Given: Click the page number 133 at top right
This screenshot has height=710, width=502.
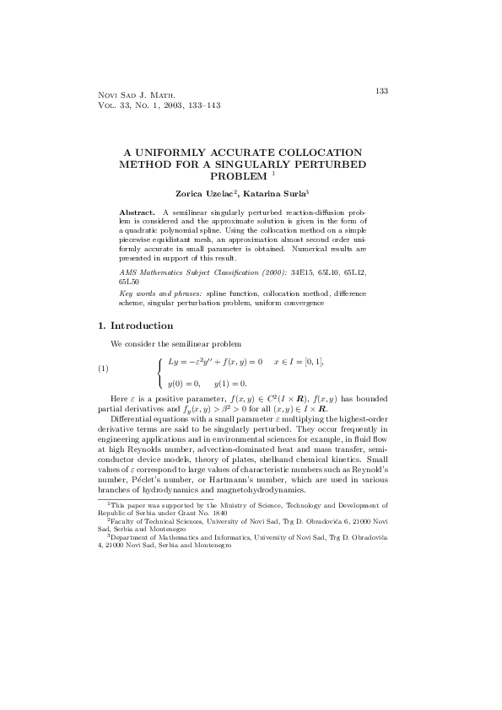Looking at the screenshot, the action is (381, 90).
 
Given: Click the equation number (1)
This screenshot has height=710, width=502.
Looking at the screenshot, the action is (104, 368).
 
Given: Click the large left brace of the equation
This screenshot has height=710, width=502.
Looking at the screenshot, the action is (159, 368).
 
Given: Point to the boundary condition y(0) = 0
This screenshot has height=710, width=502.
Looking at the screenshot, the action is (184, 384).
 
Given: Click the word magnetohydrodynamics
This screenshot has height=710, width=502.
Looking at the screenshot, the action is (264, 490).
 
